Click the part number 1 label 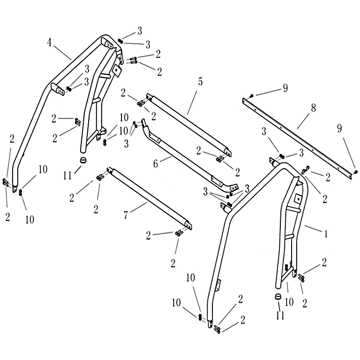pyautogui.click(x=325, y=234)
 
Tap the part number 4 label pyautogui.click(x=49, y=42)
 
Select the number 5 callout pyautogui.click(x=200, y=82)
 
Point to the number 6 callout pyautogui.click(x=156, y=164)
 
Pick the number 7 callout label pyautogui.click(x=126, y=215)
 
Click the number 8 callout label pyautogui.click(x=313, y=108)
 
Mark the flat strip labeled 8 pyautogui.click(x=297, y=138)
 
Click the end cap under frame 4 pyautogui.click(x=83, y=160)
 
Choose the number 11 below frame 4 pyautogui.click(x=67, y=176)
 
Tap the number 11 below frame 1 pyautogui.click(x=280, y=315)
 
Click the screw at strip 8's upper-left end pyautogui.click(x=251, y=95)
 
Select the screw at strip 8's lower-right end pyautogui.click(x=355, y=171)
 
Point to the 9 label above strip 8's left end pyautogui.click(x=285, y=88)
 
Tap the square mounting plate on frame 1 pyautogui.click(x=298, y=198)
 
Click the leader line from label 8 pyautogui.click(x=305, y=121)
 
